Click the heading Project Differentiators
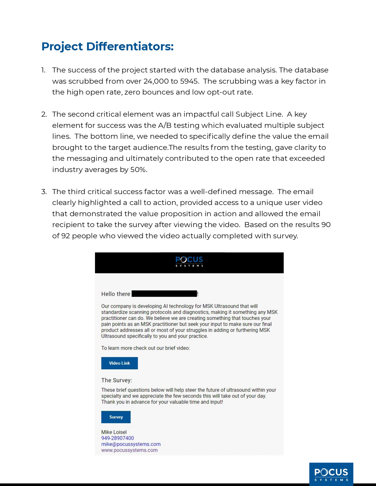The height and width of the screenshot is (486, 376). (x=107, y=47)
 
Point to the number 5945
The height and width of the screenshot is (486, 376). (x=189, y=81)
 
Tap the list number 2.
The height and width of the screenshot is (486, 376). (x=44, y=114)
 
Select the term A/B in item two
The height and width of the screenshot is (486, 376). (x=165, y=125)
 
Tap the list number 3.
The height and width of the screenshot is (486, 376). (x=44, y=192)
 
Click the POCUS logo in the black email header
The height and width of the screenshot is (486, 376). (x=189, y=261)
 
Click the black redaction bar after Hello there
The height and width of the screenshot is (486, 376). (x=164, y=294)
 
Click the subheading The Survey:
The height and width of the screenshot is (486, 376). (x=116, y=380)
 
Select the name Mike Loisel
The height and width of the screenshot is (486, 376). (x=114, y=432)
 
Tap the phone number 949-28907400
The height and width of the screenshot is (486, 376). (x=117, y=438)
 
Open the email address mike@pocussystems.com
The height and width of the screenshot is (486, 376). (x=131, y=444)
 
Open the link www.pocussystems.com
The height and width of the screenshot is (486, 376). (x=129, y=450)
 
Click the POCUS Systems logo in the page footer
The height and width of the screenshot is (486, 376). (x=331, y=474)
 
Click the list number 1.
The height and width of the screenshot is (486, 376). (x=43, y=70)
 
